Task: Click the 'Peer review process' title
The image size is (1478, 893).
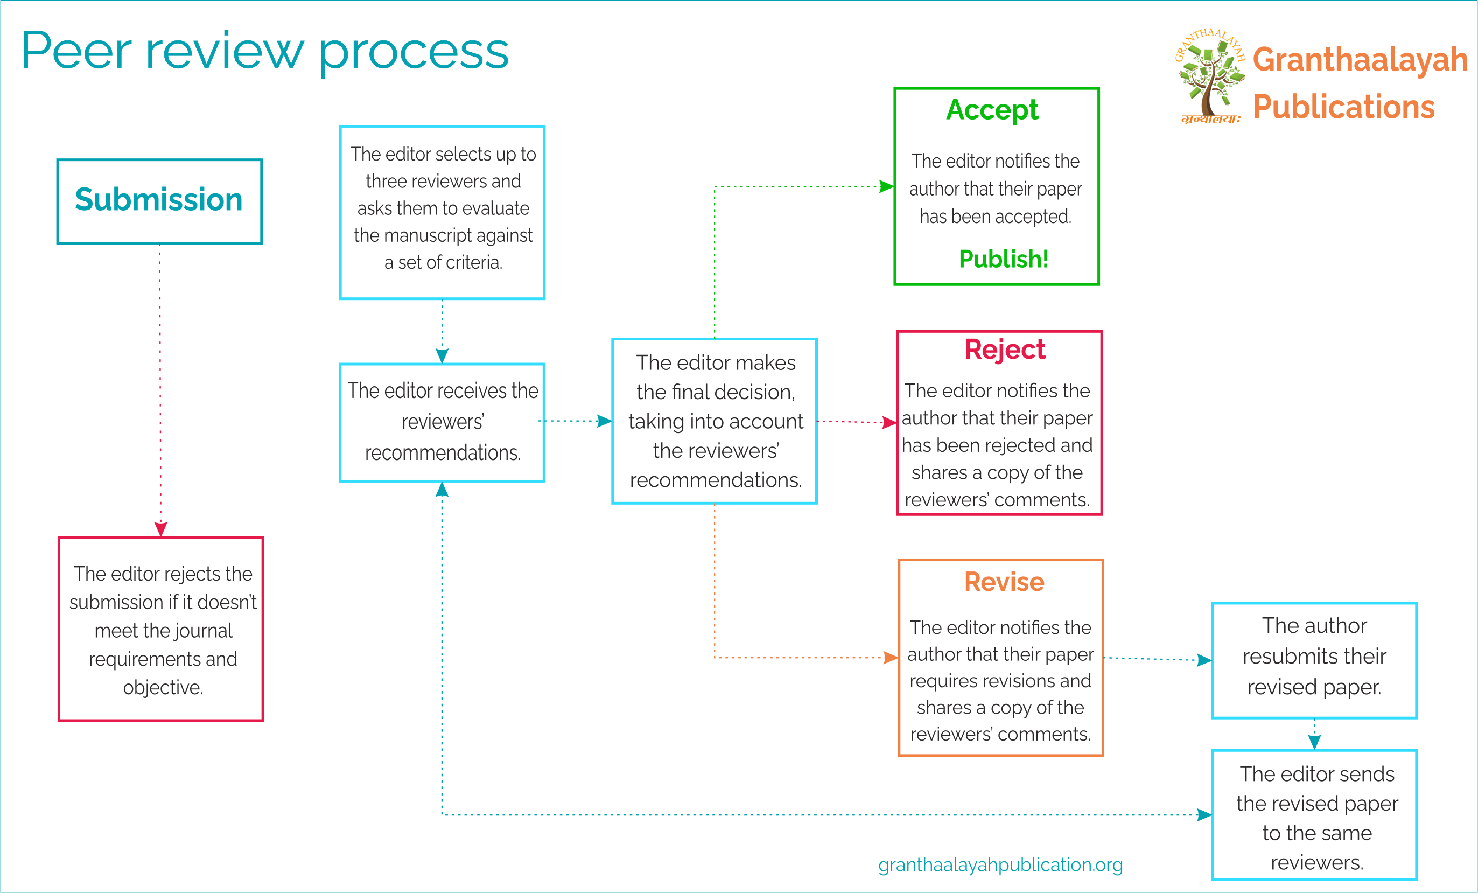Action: tap(264, 52)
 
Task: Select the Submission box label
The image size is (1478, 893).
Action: tap(159, 200)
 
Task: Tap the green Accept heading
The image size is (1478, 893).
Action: tap(992, 110)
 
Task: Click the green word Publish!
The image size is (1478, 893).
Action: tap(1004, 259)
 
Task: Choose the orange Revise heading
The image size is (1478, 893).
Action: tap(1004, 582)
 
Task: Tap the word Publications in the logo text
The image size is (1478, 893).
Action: tap(1343, 107)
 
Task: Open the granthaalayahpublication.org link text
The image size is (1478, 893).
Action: tap(1000, 865)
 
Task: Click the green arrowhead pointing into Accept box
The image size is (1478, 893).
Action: tap(887, 187)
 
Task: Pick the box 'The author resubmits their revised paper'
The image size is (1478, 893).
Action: tap(1314, 660)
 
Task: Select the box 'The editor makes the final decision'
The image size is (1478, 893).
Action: tap(715, 421)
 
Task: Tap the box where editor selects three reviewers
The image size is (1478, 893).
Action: tap(442, 212)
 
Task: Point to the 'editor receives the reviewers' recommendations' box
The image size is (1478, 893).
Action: tap(442, 422)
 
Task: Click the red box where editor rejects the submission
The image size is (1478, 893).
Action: tap(161, 629)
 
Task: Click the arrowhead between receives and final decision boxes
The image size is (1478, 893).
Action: tap(604, 421)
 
